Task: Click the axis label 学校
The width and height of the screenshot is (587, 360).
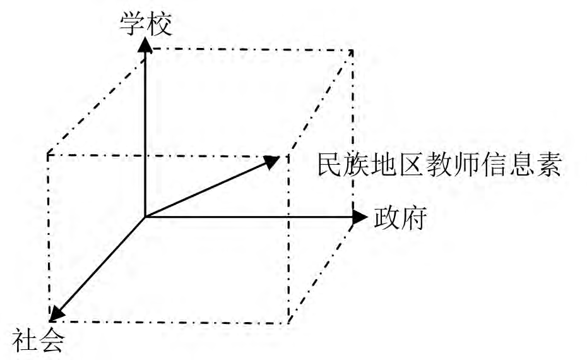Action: [x=146, y=25]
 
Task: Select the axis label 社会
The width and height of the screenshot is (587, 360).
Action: [x=39, y=340]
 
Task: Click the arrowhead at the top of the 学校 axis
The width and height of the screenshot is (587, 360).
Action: [x=145, y=45]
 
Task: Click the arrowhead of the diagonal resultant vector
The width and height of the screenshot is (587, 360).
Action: [x=272, y=162]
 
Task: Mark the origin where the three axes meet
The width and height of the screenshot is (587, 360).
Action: [x=145, y=217]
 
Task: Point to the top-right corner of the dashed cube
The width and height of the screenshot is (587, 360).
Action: [x=352, y=50]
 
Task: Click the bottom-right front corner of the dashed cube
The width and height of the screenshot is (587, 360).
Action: [x=288, y=323]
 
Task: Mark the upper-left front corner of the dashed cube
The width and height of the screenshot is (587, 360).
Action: [x=48, y=154]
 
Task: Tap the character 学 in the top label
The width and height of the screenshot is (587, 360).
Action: [x=133, y=25]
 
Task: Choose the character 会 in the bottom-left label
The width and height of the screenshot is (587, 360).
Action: [x=52, y=340]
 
